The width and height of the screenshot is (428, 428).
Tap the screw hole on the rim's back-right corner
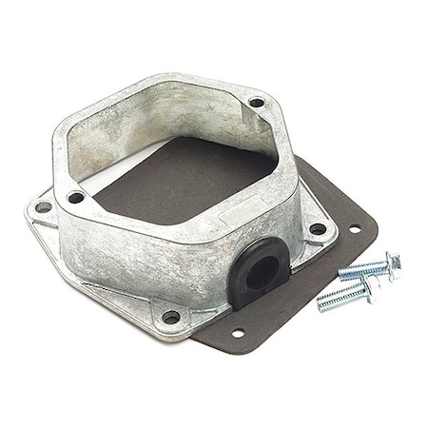click(x=256, y=102)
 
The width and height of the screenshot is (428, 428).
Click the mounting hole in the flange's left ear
click(x=44, y=206)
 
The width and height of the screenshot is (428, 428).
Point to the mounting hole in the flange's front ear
click(x=171, y=316)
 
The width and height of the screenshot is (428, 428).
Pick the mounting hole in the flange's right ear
click(x=316, y=228)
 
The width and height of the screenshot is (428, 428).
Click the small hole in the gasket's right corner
click(x=354, y=228)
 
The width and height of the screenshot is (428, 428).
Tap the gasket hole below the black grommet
click(x=235, y=333)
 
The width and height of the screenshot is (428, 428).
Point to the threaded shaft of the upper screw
click(x=361, y=271)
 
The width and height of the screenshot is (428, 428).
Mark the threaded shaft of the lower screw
click(x=339, y=299)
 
